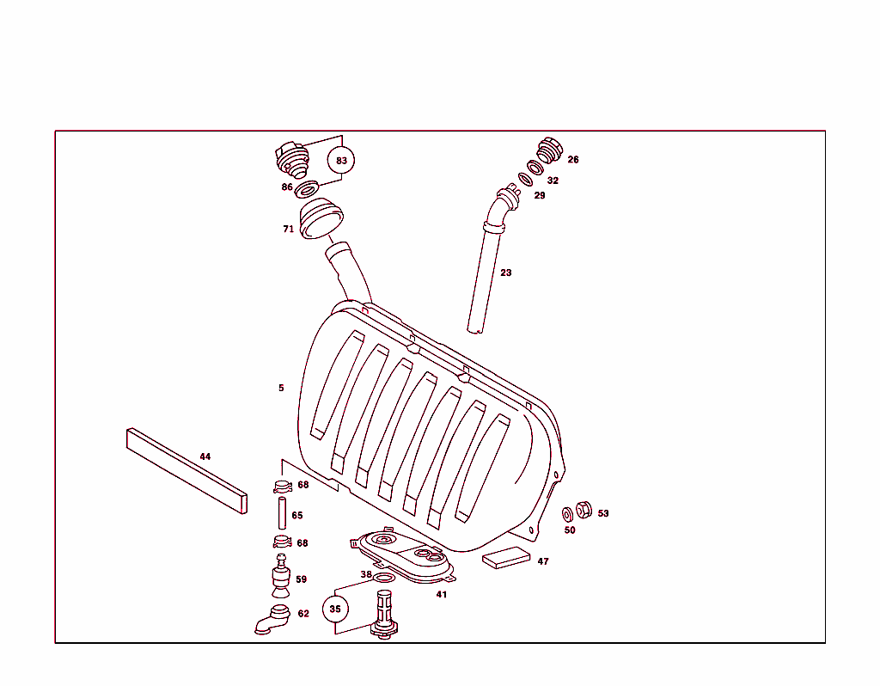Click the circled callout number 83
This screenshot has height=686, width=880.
[x=342, y=160]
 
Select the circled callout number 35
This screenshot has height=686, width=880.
[x=335, y=609]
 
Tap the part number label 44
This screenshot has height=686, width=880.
[x=205, y=456]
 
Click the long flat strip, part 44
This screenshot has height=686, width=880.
[x=186, y=469]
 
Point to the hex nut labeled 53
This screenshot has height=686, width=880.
[x=582, y=509]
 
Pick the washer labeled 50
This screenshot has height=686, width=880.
[x=567, y=514]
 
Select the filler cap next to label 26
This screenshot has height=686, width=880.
[x=548, y=150]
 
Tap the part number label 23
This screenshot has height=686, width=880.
[x=506, y=273]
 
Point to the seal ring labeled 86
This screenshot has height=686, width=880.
[x=307, y=187]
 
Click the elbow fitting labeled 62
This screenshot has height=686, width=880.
[x=272, y=619]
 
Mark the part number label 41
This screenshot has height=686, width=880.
[x=442, y=594]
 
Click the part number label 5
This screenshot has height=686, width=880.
[x=280, y=388]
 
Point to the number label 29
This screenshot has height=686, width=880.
[x=540, y=195]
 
